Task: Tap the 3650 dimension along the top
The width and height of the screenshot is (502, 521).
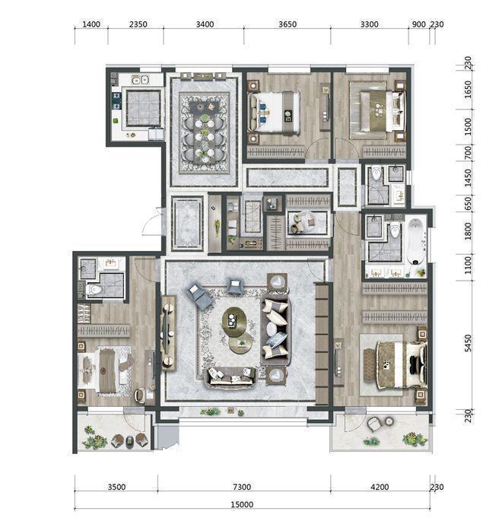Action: (x=287, y=24)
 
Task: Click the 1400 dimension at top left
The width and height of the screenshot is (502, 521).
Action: (x=91, y=24)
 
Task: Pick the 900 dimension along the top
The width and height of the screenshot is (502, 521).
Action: (x=418, y=24)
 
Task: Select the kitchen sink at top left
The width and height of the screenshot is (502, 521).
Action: (x=139, y=79)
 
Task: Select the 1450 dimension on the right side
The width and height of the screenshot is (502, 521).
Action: (x=468, y=178)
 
